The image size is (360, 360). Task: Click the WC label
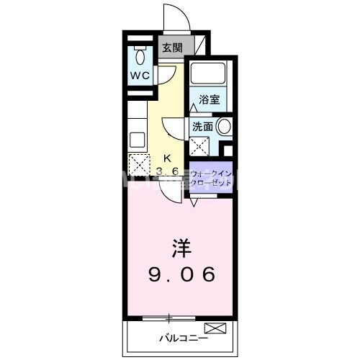click(x=140, y=76)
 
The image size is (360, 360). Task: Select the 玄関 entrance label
click(x=171, y=48)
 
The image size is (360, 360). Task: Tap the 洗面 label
click(x=203, y=126)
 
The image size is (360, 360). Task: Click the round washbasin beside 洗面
click(x=224, y=127)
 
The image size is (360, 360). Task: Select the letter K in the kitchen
click(x=167, y=158)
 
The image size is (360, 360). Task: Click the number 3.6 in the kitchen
click(x=167, y=171)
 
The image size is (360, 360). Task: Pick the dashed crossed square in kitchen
click(x=138, y=163)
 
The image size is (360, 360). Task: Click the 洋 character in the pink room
click(x=180, y=249)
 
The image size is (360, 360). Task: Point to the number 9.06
click(x=181, y=274)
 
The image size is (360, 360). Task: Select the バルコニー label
click(x=183, y=337)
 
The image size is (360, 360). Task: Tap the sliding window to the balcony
click(x=169, y=317)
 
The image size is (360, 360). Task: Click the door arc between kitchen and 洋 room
click(x=170, y=191)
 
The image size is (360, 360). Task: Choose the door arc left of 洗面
click(x=174, y=132)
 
